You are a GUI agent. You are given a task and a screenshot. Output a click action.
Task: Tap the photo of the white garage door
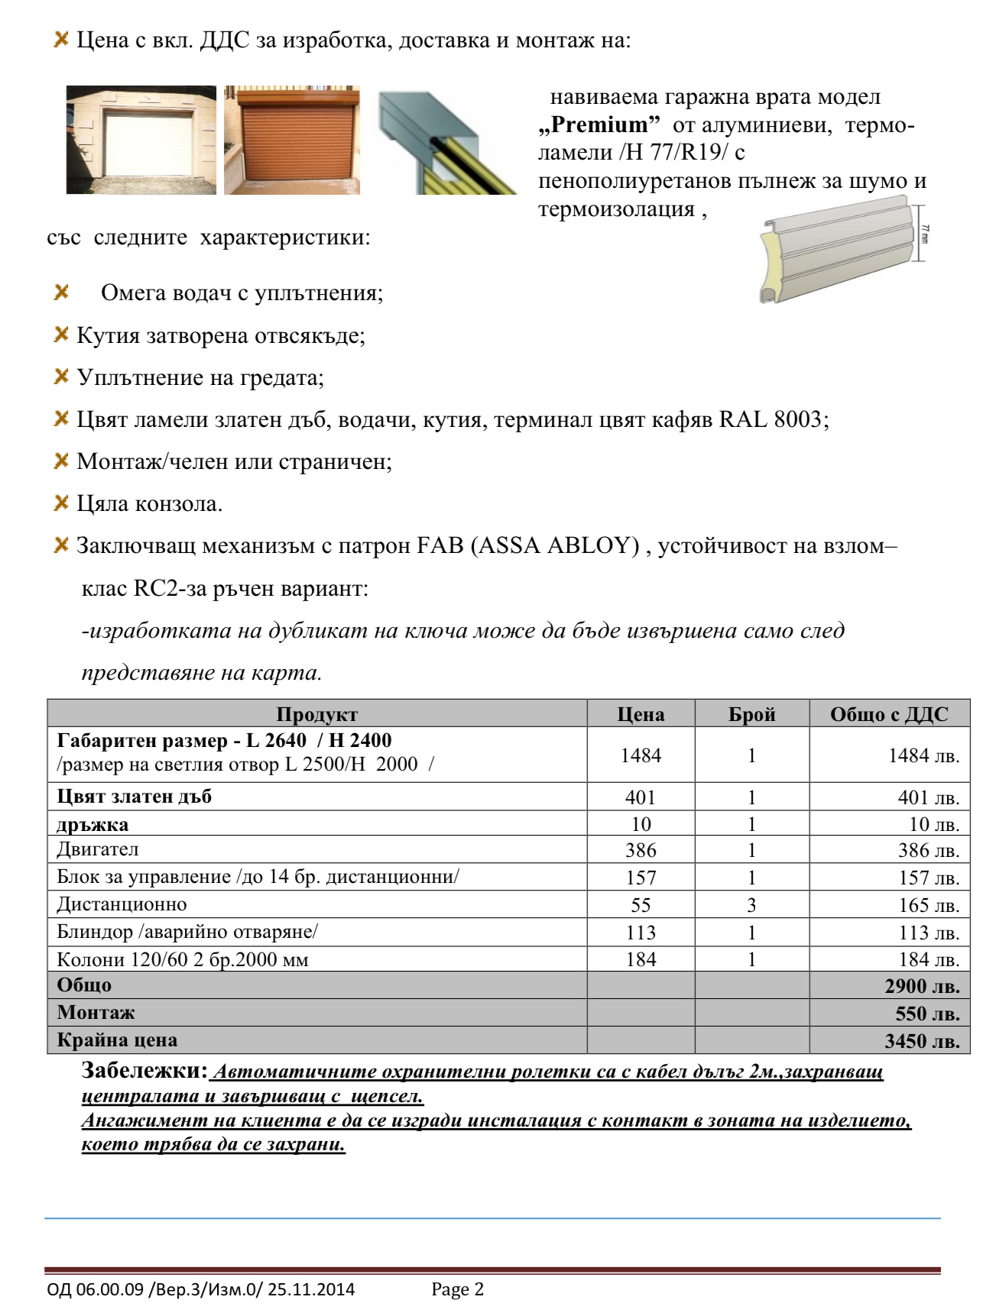point(141,140)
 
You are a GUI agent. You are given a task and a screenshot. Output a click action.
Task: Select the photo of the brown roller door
point(292,140)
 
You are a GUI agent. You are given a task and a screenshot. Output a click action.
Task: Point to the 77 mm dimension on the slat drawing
point(925,233)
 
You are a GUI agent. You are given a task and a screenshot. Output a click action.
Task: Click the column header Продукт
point(316,714)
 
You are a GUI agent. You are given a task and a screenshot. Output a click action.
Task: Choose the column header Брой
point(751,714)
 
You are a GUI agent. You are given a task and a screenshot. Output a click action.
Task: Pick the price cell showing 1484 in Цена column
point(641,755)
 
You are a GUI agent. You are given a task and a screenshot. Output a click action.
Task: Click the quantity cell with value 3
point(751,905)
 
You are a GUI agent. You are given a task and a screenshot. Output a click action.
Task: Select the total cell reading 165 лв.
point(929,906)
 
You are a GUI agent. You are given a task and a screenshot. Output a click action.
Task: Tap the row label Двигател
point(98,849)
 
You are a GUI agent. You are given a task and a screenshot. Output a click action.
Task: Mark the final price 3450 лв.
point(922,1041)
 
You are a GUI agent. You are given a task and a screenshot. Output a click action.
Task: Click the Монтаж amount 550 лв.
point(927,1014)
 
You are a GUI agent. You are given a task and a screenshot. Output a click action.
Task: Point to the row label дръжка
point(92,825)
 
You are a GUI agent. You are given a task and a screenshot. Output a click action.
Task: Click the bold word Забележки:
point(144,1071)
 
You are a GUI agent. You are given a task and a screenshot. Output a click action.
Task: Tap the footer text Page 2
point(457,1289)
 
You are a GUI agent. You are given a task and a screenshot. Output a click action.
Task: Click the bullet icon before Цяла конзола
point(61,503)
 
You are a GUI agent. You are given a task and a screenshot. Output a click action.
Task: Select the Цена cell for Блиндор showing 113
point(641,933)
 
